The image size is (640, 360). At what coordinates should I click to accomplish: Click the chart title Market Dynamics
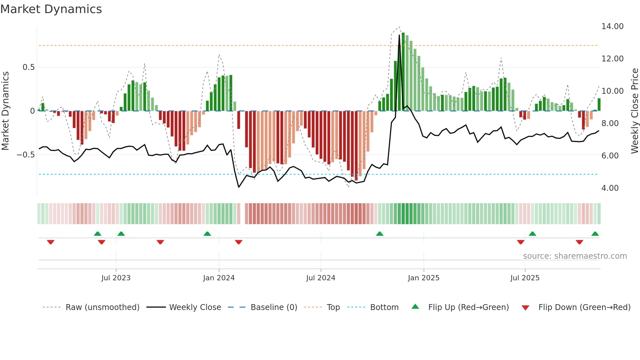coord(51,9)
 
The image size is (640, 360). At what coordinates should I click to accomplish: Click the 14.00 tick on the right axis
coord(612,26)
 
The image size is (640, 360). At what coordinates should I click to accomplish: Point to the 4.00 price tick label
coord(610,188)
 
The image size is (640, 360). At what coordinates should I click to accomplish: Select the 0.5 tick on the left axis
coord(28,67)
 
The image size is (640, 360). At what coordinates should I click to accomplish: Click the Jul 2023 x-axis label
coord(116,278)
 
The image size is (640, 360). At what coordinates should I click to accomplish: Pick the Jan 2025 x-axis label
coord(424,278)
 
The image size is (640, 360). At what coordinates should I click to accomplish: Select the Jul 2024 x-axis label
coord(321,278)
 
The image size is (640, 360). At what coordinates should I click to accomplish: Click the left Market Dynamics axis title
coord(5,111)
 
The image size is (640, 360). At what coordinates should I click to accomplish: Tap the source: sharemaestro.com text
coord(575,256)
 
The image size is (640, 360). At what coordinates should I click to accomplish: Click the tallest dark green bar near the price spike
coord(403,72)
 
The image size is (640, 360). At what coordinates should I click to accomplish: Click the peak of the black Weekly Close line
coord(399,35)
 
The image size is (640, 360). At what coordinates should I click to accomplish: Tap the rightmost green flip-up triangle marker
coord(595,234)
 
